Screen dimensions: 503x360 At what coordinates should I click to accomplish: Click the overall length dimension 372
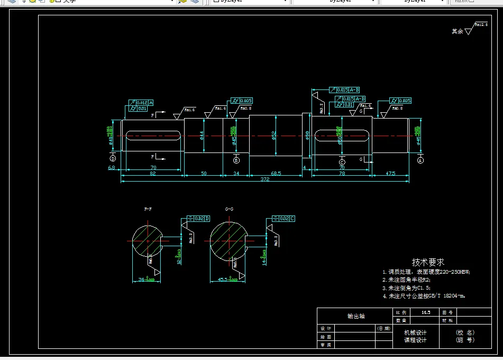pyautogui.click(x=264, y=179)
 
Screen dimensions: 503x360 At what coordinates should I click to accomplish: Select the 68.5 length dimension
pyautogui.click(x=276, y=173)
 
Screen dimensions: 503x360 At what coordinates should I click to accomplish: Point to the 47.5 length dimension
pyautogui.click(x=390, y=173)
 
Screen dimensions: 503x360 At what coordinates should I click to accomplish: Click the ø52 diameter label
pyautogui.click(x=274, y=136)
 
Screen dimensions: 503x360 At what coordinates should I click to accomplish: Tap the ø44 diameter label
pyautogui.click(x=202, y=136)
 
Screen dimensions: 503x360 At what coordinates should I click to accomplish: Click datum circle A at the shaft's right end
pyautogui.click(x=420, y=159)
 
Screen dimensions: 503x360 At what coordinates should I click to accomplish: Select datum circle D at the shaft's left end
pyautogui.click(x=113, y=158)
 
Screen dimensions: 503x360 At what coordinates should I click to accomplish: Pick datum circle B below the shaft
pyautogui.click(x=236, y=160)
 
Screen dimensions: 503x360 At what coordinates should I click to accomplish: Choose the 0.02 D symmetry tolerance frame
pyautogui.click(x=199, y=218)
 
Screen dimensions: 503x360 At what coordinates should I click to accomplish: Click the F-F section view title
pyautogui.click(x=148, y=209)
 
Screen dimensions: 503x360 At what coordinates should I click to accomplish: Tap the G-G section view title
pyautogui.click(x=229, y=209)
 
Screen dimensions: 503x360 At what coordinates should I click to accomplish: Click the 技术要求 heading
pyautogui.click(x=428, y=262)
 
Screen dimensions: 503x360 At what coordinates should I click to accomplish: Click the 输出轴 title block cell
pyautogui.click(x=355, y=316)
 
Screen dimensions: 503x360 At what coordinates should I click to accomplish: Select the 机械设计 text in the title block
pyautogui.click(x=415, y=332)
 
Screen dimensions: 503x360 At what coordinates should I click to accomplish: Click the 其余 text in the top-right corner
pyautogui.click(x=457, y=31)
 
